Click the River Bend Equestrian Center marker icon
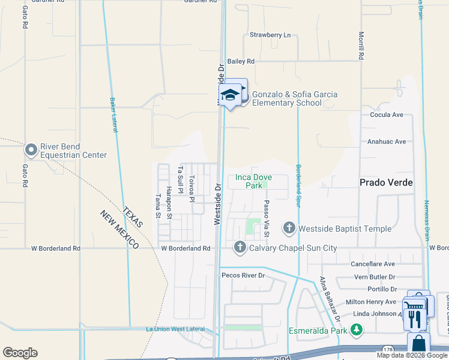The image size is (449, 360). click(x=31, y=149)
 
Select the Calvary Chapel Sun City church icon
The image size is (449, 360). click(x=240, y=247)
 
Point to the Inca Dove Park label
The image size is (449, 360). click(x=249, y=181)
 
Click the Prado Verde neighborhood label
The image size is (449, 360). click(x=386, y=182)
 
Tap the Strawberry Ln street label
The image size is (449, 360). click(x=270, y=35)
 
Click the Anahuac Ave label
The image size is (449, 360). click(x=387, y=142)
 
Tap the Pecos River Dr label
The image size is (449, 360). click(x=243, y=275)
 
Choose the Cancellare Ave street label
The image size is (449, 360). click(x=373, y=264)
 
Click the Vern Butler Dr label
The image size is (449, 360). click(x=375, y=277)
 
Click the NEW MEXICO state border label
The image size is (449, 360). click(x=119, y=230)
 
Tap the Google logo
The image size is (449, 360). click(x=20, y=353)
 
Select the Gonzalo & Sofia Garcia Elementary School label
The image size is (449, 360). click(x=294, y=98)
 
